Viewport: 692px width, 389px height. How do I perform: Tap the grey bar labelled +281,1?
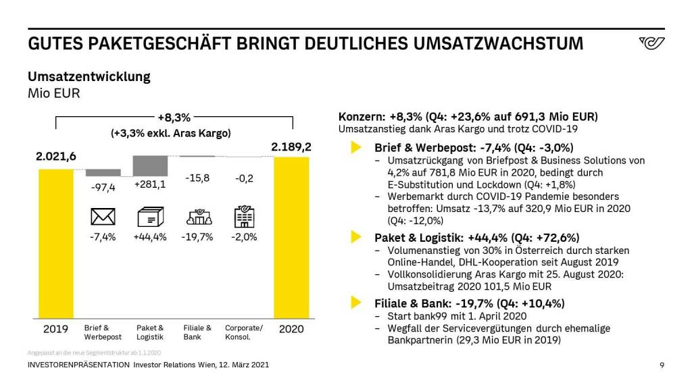pyautogui.click(x=150, y=165)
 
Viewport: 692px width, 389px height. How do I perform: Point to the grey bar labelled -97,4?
pyautogui.click(x=103, y=172)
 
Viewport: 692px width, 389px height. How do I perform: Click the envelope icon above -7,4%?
pyautogui.click(x=103, y=216)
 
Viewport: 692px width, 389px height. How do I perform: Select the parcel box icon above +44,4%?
pyautogui.click(x=150, y=216)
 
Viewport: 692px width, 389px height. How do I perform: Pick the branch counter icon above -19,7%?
pyautogui.click(x=197, y=216)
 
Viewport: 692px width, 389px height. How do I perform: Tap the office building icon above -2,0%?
pyautogui.click(x=244, y=216)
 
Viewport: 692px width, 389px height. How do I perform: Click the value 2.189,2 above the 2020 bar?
pyautogui.click(x=291, y=147)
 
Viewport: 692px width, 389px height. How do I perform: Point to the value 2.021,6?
pyautogui.click(x=55, y=157)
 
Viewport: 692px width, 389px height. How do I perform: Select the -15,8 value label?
pyautogui.click(x=197, y=179)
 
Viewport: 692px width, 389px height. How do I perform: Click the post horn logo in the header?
pyautogui.click(x=651, y=44)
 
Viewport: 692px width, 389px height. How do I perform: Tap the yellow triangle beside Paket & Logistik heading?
pyautogui.click(x=355, y=237)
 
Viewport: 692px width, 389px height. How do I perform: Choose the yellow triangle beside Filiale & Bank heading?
pyautogui.click(x=355, y=303)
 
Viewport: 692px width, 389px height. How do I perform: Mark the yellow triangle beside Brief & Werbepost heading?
pyautogui.click(x=355, y=147)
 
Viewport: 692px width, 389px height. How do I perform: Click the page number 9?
pyautogui.click(x=662, y=365)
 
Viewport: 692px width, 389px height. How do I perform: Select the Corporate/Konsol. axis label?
pyautogui.click(x=244, y=332)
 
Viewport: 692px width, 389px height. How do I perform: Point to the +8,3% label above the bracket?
pyautogui.click(x=174, y=118)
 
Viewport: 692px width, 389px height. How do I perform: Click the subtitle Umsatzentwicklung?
pyautogui.click(x=89, y=76)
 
